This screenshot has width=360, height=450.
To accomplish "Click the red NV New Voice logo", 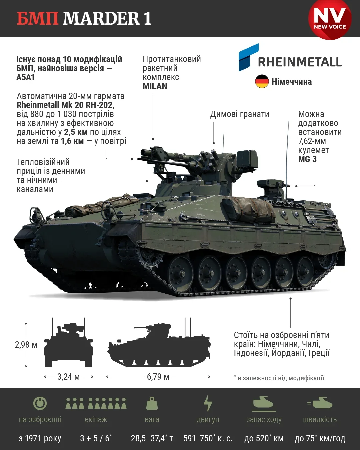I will point(330,19).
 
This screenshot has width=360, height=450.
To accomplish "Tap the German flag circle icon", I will point(262,81).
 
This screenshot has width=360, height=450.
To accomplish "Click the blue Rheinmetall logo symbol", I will point(248,57).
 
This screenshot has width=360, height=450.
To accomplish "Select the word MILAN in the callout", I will point(155,86).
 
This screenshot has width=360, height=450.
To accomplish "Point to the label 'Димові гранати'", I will point(240,114).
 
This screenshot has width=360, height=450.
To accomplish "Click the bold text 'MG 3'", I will point(307,159).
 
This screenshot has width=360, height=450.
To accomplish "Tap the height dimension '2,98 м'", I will point(26,345).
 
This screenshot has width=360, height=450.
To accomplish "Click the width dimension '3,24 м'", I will point(68,377).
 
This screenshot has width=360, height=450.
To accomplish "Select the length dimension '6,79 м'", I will point(158,377).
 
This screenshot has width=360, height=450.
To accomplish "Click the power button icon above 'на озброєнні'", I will point(40,403).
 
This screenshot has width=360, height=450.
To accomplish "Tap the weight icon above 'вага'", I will point(152,403).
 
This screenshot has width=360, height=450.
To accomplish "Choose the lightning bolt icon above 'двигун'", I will point(208,403).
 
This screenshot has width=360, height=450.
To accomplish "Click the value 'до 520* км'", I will point(264,438).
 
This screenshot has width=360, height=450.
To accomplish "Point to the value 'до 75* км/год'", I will point(320,438).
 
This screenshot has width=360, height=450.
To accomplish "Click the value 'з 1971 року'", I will point(40,438).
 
